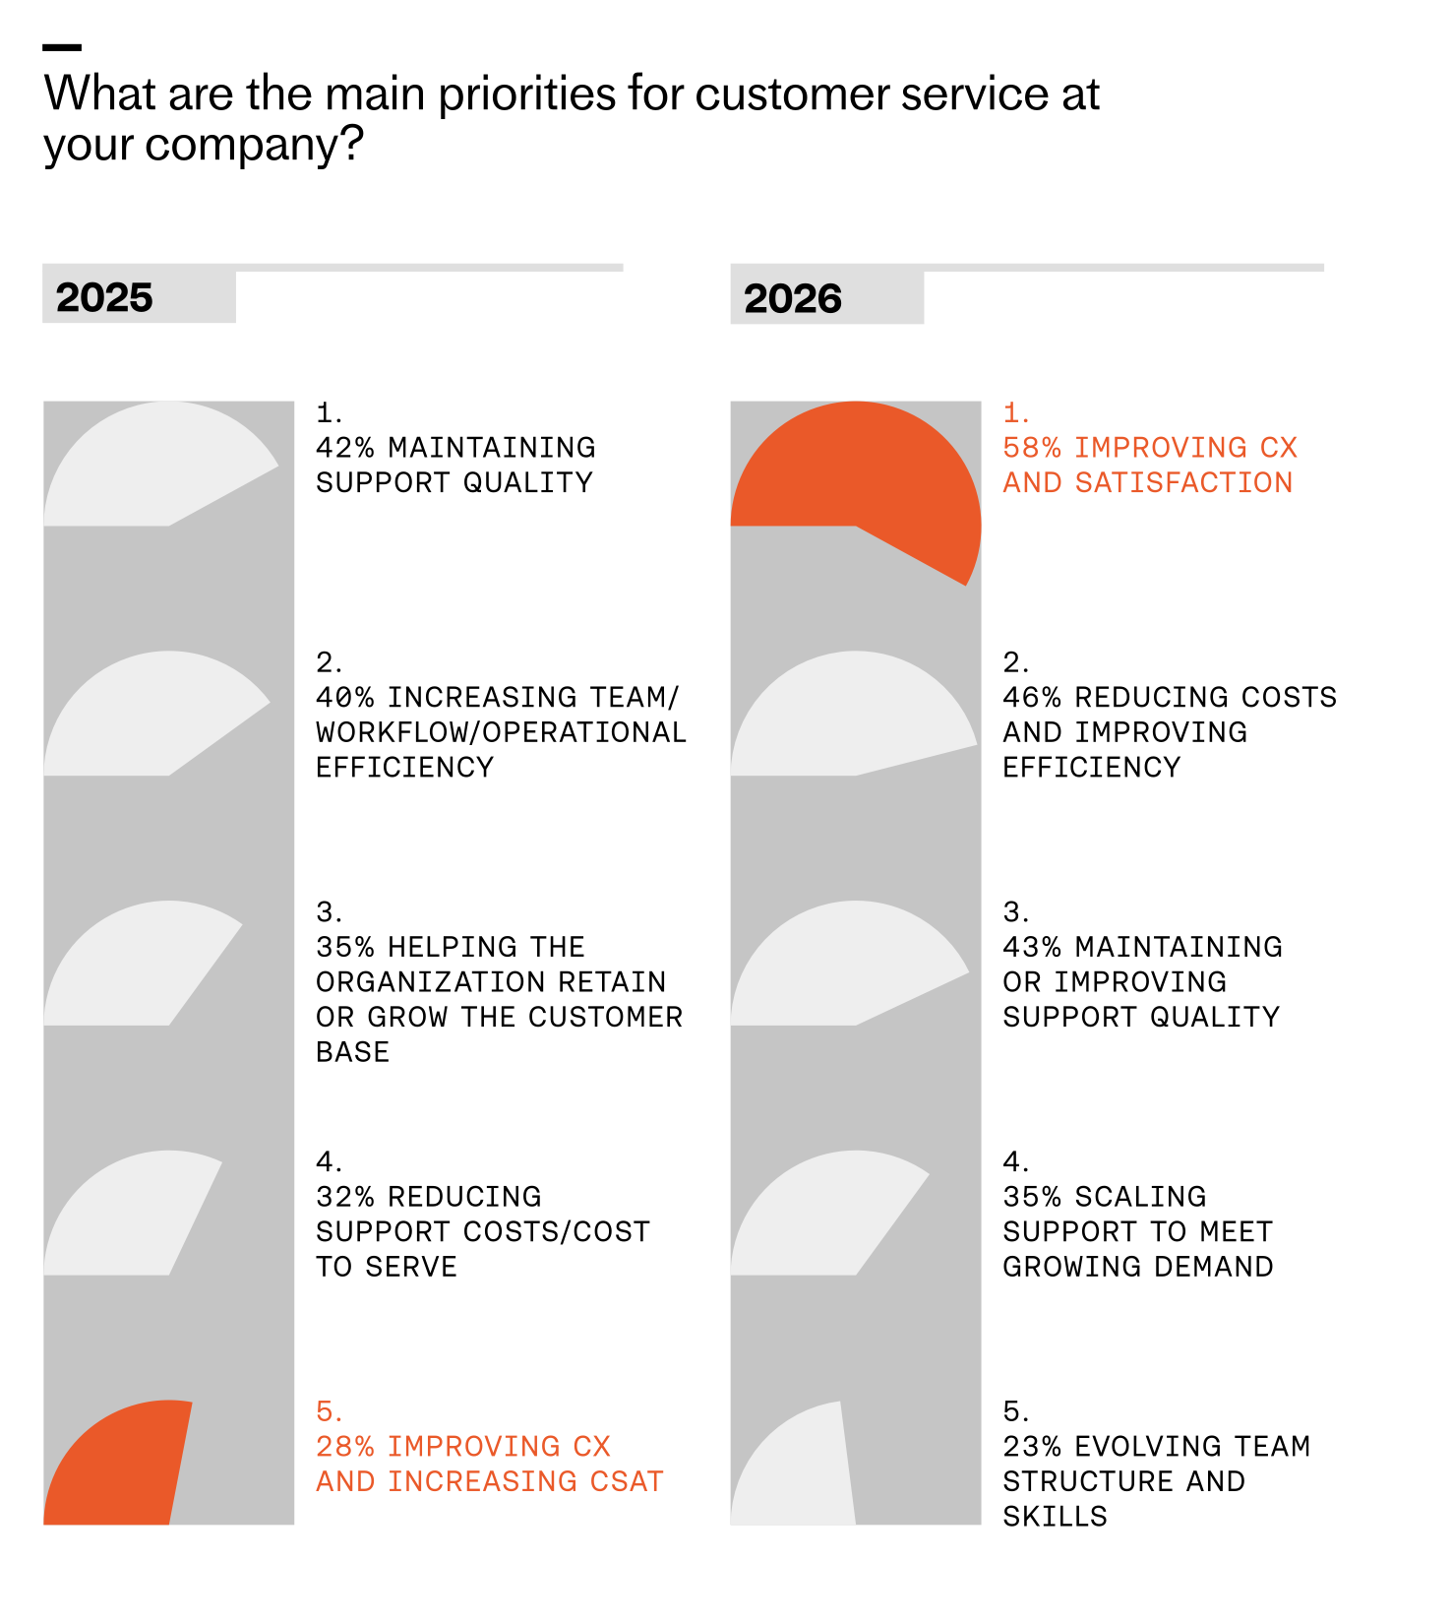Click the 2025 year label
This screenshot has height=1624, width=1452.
(x=104, y=297)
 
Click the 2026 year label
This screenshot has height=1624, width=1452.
(x=793, y=298)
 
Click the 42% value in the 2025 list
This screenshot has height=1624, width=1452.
(x=345, y=448)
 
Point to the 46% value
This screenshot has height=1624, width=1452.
(x=1032, y=698)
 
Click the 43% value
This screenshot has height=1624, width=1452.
(x=1032, y=947)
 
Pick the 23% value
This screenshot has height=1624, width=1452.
(x=1032, y=1447)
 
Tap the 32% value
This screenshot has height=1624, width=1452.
(x=345, y=1197)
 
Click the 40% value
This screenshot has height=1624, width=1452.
(x=345, y=698)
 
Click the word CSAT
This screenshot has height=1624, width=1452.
(x=626, y=1481)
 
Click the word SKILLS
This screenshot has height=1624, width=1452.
(x=1055, y=1517)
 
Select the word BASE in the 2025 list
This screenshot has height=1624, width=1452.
(x=352, y=1052)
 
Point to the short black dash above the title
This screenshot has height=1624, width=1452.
(x=62, y=47)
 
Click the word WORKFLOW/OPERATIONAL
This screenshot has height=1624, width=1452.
(x=501, y=732)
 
